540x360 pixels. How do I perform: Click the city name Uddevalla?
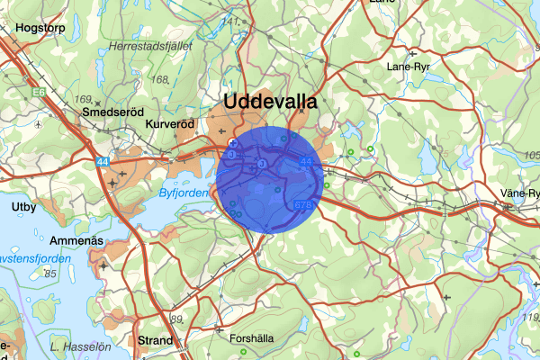270,101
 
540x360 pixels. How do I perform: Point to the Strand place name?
157,340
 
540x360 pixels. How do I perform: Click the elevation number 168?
161,80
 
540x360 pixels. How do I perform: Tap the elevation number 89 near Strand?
175,319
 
